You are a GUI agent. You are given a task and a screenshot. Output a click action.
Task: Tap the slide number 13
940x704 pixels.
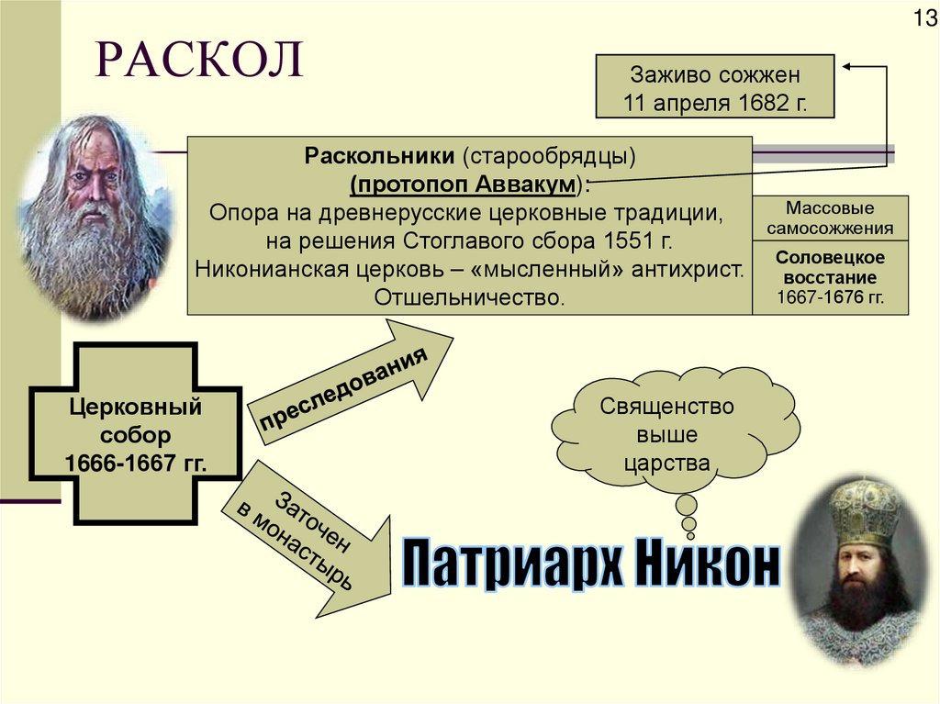922,17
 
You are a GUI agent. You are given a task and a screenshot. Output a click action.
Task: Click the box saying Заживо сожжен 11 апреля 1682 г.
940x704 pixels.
715,86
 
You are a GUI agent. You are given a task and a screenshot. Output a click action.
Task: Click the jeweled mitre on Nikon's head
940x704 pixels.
864,510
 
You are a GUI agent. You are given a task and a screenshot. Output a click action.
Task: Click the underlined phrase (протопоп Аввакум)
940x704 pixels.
465,183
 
